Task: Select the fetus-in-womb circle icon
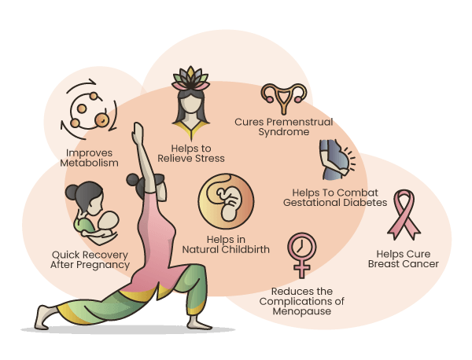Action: click(226, 202)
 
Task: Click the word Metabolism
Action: click(90, 163)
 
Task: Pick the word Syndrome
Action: click(283, 132)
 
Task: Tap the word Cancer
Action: click(419, 264)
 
